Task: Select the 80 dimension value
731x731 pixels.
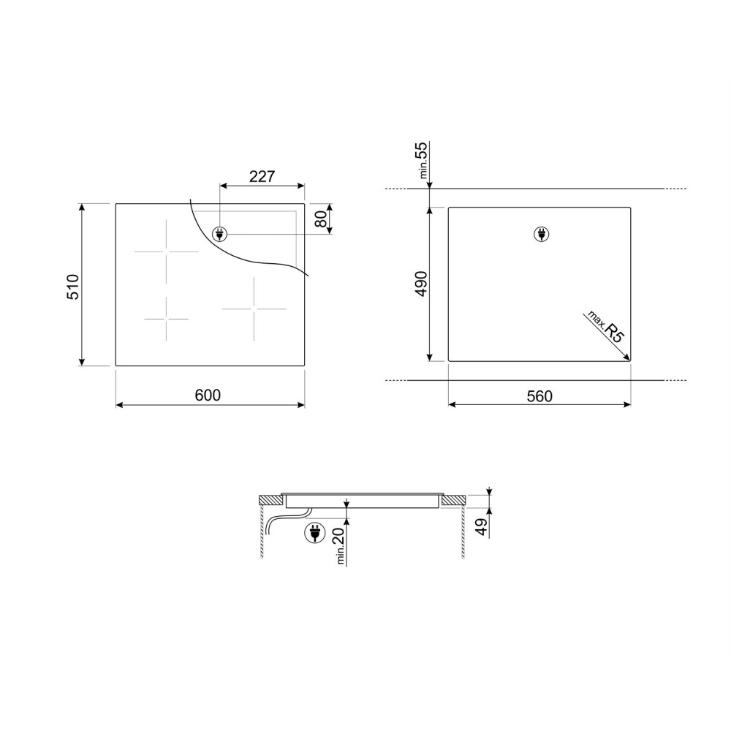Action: (x=319, y=219)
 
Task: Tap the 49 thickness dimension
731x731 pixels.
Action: (x=481, y=526)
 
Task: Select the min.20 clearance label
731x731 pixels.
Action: (x=338, y=545)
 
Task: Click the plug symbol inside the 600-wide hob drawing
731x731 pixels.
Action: (x=219, y=234)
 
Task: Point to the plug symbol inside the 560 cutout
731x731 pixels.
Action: (x=542, y=234)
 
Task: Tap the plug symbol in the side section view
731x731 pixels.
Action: (x=314, y=533)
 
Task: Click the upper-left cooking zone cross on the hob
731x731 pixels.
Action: (x=166, y=251)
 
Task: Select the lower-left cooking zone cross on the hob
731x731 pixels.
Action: (x=166, y=319)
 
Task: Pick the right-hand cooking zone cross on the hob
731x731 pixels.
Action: (x=254, y=308)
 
